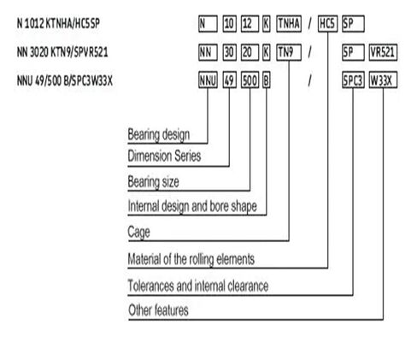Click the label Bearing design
[x=159, y=134]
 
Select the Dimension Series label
[x=164, y=156]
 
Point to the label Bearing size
[x=153, y=182]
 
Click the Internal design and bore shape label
[x=192, y=206]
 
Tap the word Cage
[x=138, y=232]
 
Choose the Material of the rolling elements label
[x=191, y=259]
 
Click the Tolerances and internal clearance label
[x=198, y=286]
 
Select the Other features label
[x=158, y=310]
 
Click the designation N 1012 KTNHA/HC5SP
[x=58, y=23]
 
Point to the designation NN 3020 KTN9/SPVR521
[x=62, y=52]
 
